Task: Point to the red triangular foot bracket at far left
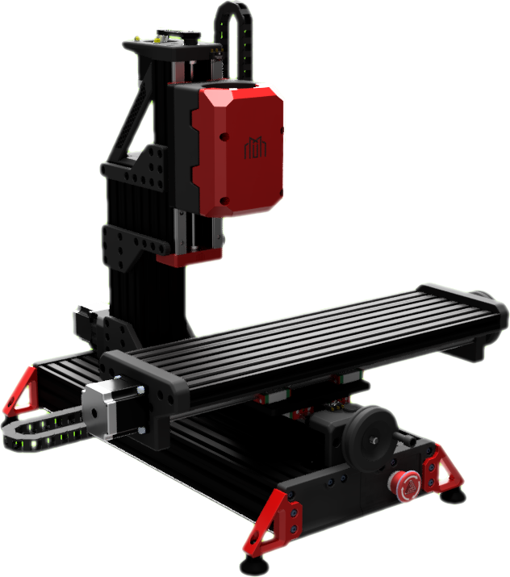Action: point(23,391)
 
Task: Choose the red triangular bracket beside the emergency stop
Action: point(441,473)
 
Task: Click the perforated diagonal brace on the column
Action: point(136,121)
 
